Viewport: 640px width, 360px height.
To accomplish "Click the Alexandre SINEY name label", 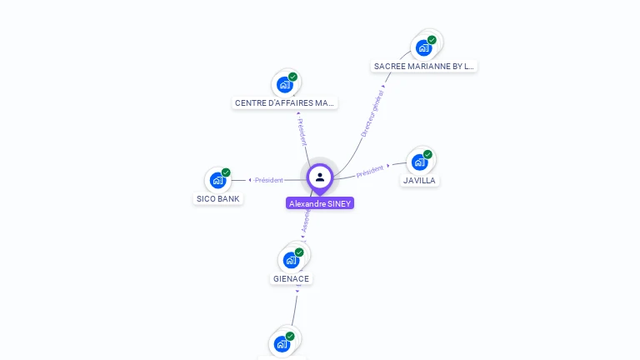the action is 320,203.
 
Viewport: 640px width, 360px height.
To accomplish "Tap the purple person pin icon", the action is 320,177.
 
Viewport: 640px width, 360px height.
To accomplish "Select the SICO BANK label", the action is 218,199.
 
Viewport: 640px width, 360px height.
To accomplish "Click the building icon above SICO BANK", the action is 217,180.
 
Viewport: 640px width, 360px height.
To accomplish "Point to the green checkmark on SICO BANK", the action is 226,172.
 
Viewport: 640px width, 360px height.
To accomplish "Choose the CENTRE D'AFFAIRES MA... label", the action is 285,103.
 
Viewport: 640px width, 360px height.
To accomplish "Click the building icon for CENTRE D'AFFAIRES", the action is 285,84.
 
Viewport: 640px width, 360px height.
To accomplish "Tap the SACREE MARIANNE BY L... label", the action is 424,66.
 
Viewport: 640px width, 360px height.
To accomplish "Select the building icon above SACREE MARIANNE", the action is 423,47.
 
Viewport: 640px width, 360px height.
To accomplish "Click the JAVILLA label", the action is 419,180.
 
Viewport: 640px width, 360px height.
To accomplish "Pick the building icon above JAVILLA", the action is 419,162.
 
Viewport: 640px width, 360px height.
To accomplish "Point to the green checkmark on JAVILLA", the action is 427,154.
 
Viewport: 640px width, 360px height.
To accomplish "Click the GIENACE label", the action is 291,278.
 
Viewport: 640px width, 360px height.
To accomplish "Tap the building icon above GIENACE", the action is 290,259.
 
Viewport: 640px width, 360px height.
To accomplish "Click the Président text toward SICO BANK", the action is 269,180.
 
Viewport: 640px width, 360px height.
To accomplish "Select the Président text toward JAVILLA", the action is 369,171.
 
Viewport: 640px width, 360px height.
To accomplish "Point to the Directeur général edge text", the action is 372,115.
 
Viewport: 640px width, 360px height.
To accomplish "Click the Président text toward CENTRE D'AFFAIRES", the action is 302,132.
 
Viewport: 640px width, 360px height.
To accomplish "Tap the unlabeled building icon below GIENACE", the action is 282,343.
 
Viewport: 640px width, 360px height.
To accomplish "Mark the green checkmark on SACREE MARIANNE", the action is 432,40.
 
